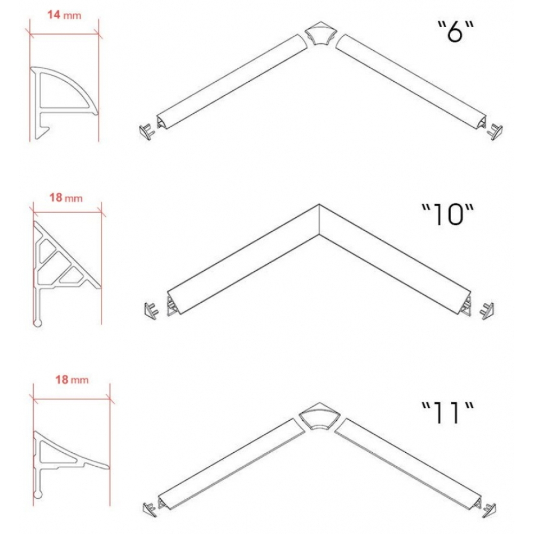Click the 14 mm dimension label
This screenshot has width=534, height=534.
pyautogui.click(x=64, y=15)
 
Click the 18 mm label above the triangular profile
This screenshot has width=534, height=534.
pyautogui.click(x=66, y=198)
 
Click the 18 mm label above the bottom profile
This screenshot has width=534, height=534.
pyautogui.click(x=72, y=379)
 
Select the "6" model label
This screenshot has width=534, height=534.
pyautogui.click(x=456, y=31)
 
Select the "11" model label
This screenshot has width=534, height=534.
pyautogui.click(x=447, y=412)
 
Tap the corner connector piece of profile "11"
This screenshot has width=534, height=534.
pyautogui.click(x=319, y=416)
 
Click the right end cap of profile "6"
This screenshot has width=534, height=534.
pyautogui.click(x=495, y=132)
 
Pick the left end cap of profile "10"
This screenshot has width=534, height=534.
pyautogui.click(x=151, y=310)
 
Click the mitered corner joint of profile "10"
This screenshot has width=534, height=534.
pyautogui.click(x=319, y=219)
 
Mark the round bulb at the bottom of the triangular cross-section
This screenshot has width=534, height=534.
pyautogui.click(x=38, y=323)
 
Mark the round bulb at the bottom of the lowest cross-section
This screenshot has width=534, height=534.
pyautogui.click(x=38, y=494)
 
